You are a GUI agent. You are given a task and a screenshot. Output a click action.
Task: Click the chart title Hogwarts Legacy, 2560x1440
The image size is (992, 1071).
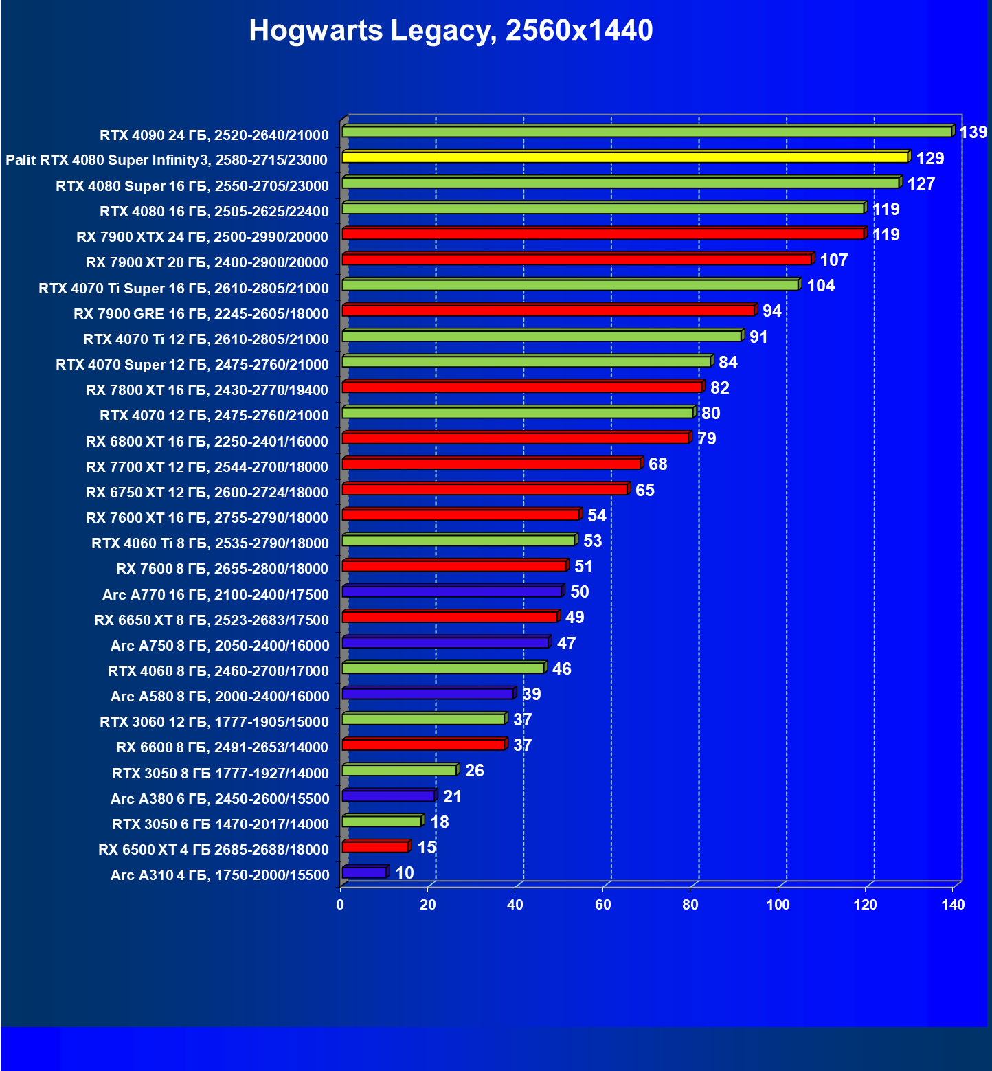point(451,30)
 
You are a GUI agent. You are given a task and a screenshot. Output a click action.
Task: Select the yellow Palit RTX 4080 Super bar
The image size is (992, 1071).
point(624,157)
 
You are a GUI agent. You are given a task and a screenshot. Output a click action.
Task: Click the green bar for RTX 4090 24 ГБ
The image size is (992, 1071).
point(646,131)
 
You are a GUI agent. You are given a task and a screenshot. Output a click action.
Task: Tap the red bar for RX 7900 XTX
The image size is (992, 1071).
point(602,234)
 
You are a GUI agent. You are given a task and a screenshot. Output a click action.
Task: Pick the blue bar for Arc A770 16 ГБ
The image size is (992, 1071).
point(451,591)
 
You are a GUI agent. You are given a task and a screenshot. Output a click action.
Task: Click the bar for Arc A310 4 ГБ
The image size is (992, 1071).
point(364,872)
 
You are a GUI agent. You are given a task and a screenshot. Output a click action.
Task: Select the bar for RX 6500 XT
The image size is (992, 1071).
point(375,847)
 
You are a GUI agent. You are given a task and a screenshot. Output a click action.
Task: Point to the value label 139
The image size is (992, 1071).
point(973,132)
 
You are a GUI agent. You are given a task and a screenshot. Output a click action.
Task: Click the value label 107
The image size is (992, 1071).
point(833,260)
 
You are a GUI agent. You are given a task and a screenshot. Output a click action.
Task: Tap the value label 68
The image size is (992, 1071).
point(657,464)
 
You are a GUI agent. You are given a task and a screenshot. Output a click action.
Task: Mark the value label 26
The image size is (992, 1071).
point(474,771)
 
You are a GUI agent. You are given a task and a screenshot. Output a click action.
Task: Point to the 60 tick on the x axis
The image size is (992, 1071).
point(602,905)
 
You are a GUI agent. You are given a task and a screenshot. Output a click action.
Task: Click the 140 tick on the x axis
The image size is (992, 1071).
point(953,905)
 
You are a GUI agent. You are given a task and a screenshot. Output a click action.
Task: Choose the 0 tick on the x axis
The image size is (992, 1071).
point(340,905)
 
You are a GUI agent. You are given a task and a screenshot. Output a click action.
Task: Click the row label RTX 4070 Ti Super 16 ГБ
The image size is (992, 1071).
point(183,289)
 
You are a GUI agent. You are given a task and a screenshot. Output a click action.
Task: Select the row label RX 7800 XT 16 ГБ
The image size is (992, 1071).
point(207,390)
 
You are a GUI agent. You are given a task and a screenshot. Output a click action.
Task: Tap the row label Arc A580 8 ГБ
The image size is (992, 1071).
point(220,697)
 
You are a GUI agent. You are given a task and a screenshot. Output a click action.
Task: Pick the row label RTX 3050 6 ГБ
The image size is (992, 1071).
point(221,824)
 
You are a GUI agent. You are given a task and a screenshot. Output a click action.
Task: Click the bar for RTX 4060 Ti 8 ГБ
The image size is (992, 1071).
point(458,541)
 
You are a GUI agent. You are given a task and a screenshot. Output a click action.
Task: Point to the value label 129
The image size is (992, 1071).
point(929,159)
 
